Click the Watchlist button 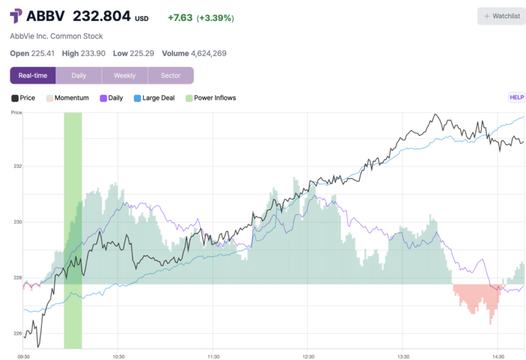pyautogui.click(x=502, y=16)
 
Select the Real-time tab pyautogui.click(x=33, y=75)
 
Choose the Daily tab pyautogui.click(x=79, y=75)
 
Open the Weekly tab pyautogui.click(x=124, y=75)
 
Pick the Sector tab pyautogui.click(x=170, y=75)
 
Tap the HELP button pyautogui.click(x=516, y=97)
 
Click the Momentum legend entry pyautogui.click(x=67, y=98)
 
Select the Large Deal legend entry pyautogui.click(x=154, y=98)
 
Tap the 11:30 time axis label pyautogui.click(x=212, y=356)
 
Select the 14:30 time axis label pyautogui.click(x=498, y=356)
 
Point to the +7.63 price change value pyautogui.click(x=180, y=18)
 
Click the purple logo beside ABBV pyautogui.click(x=16, y=16)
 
